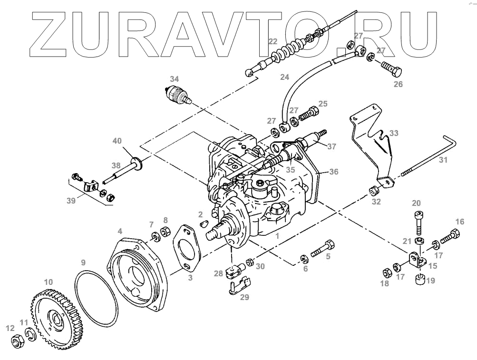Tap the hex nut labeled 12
click(15, 341)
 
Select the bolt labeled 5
click(323, 248)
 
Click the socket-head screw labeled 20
click(419, 221)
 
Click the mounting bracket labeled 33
click(376, 143)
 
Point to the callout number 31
click(443, 160)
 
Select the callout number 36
click(334, 172)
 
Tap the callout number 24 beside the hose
click(284, 76)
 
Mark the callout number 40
click(117, 141)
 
